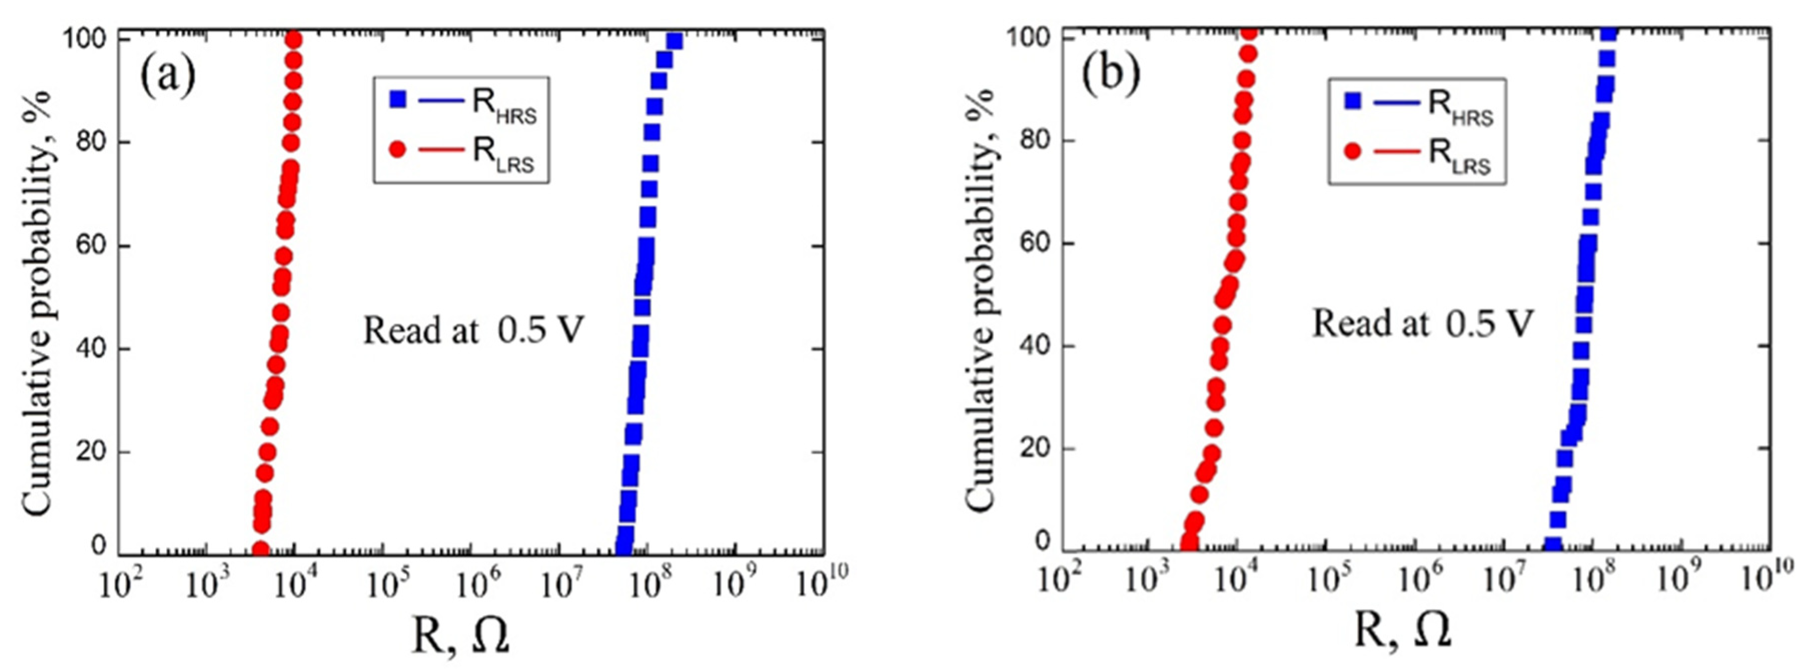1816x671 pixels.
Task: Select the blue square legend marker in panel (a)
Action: point(398,100)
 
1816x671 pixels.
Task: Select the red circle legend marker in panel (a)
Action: point(398,149)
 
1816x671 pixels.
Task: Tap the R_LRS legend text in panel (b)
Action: point(1459,154)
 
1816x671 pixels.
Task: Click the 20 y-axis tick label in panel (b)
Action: point(1033,449)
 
